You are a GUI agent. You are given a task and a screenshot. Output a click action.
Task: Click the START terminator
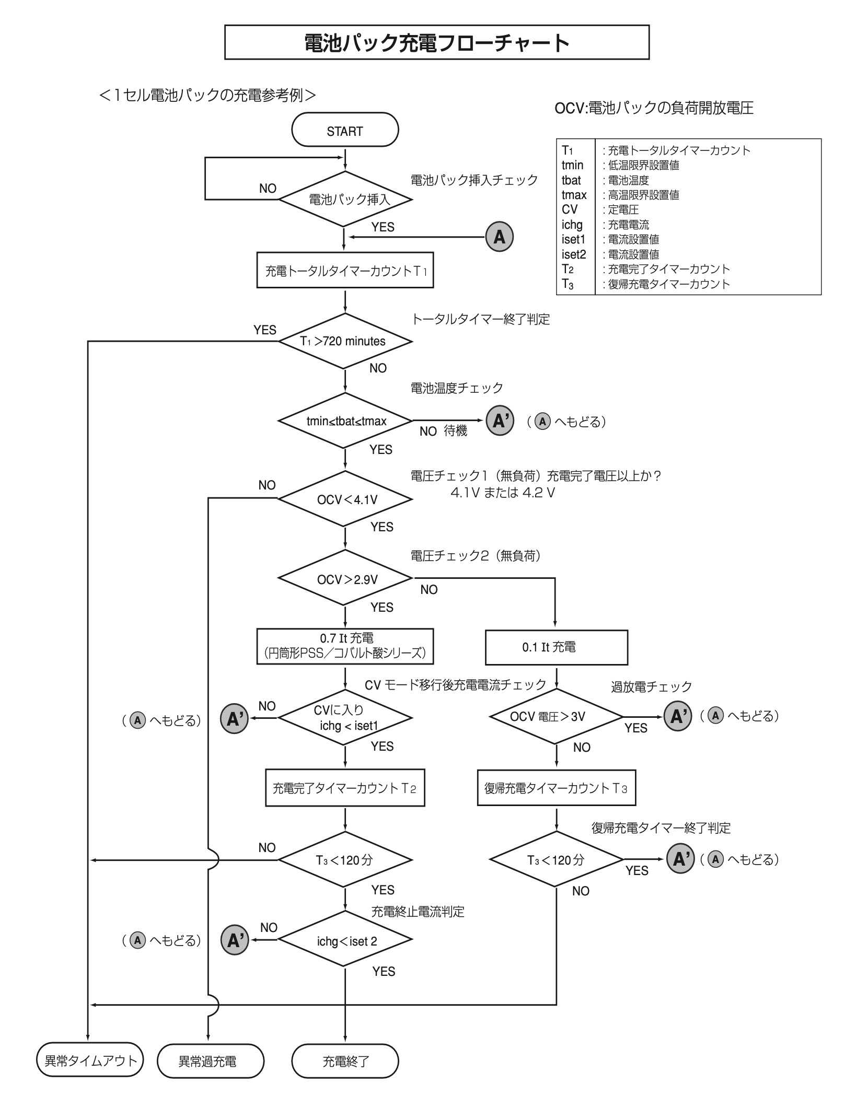(345, 130)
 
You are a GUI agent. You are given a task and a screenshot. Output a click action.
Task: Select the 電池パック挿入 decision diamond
(345, 199)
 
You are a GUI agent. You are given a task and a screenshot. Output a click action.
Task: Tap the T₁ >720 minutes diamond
(345, 341)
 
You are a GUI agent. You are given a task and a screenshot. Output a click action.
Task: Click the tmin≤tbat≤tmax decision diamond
(345, 421)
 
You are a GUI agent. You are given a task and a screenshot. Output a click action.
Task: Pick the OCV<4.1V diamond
(345, 499)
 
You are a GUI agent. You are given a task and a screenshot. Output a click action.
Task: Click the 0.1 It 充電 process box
(556, 647)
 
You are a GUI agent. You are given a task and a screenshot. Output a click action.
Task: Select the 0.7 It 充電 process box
(345, 646)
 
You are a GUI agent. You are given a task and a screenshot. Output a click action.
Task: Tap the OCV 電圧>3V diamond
(556, 716)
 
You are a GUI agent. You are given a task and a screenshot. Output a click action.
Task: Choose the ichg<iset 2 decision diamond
(345, 941)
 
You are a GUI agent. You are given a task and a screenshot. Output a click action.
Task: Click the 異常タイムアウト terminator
(90, 1060)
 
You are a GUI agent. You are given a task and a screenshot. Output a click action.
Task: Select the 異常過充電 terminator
(210, 1061)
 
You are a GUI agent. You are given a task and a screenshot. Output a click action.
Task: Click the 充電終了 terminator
(345, 1061)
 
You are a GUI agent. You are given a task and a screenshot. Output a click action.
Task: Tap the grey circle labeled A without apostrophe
(499, 237)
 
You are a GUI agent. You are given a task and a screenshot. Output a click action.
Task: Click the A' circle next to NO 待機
(500, 421)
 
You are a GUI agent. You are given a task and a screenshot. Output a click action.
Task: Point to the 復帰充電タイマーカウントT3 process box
(556, 788)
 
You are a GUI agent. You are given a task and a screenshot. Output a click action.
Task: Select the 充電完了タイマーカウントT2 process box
(345, 788)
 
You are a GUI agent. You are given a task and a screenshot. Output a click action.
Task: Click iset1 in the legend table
(574, 239)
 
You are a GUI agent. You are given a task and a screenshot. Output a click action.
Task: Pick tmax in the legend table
(574, 195)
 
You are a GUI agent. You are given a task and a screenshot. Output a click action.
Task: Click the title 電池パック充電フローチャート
(436, 42)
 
